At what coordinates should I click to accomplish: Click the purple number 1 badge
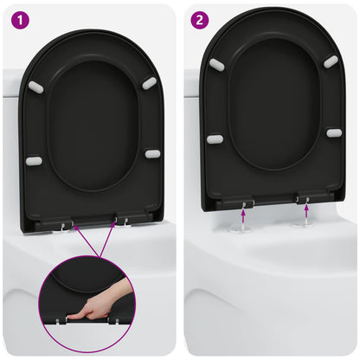pyautogui.click(x=19, y=19)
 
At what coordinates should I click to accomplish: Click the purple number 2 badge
pyautogui.click(x=201, y=19)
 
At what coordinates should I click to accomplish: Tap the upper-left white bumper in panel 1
pyautogui.click(x=35, y=87)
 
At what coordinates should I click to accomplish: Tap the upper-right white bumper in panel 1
pyautogui.click(x=149, y=83)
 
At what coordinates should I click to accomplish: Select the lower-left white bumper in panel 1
pyautogui.click(x=34, y=161)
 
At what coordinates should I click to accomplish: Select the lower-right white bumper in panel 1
pyautogui.click(x=152, y=154)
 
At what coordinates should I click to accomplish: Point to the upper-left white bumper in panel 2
pyautogui.click(x=216, y=65)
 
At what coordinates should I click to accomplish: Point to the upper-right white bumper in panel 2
pyautogui.click(x=331, y=61)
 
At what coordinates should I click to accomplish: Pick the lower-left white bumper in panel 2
pyautogui.click(x=215, y=138)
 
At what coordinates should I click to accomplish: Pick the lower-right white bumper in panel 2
pyautogui.click(x=334, y=132)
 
